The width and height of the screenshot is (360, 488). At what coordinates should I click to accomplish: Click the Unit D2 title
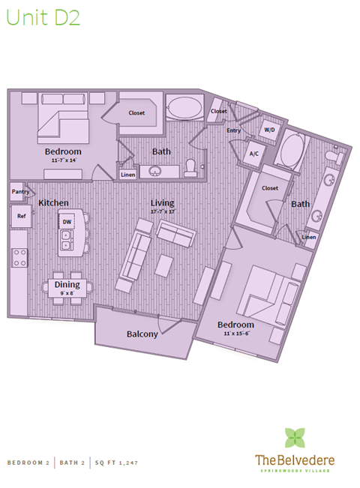pyautogui.click(x=43, y=19)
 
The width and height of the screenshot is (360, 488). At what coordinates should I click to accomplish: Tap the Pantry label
pyautogui.click(x=20, y=192)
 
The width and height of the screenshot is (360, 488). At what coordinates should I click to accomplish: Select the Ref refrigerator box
pyautogui.click(x=21, y=216)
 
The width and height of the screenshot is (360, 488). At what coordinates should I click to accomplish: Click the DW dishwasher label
pyautogui.click(x=67, y=222)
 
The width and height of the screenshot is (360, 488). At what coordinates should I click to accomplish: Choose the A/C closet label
pyautogui.click(x=253, y=154)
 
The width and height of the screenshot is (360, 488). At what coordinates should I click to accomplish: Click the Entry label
pyautogui.click(x=234, y=130)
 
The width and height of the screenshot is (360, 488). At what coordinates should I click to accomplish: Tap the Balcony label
pyautogui.click(x=142, y=334)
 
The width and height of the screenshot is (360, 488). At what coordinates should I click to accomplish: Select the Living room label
pyautogui.click(x=162, y=203)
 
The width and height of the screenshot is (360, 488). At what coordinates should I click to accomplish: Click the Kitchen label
pyautogui.click(x=54, y=203)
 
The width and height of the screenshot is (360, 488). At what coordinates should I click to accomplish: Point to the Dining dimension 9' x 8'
pyautogui.click(x=67, y=293)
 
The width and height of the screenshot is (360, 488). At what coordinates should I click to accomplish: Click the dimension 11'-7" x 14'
pyautogui.click(x=63, y=160)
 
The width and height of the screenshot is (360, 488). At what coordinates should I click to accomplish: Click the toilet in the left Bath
pyautogui.click(x=190, y=166)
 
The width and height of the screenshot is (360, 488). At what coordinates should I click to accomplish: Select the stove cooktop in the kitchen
pyautogui.click(x=19, y=259)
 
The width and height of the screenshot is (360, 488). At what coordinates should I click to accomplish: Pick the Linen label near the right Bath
pyautogui.click(x=309, y=238)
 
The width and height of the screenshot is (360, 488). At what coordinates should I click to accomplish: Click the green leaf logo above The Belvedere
pyautogui.click(x=295, y=438)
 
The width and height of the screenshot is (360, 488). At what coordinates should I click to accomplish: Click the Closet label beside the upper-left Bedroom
pyautogui.click(x=136, y=113)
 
